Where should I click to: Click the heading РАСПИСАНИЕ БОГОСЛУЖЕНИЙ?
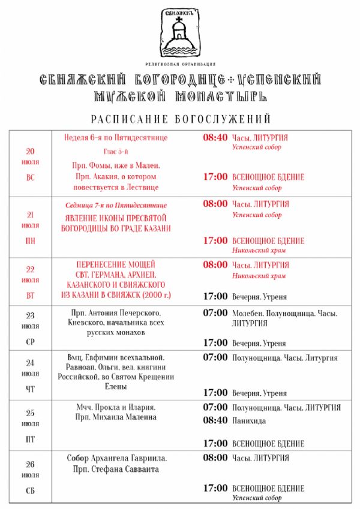point(181,119)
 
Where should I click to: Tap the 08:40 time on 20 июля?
point(215,137)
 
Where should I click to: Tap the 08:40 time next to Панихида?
point(215,421)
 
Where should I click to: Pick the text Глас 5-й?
point(116,151)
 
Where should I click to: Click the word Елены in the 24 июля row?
point(116,387)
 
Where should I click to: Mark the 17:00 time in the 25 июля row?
point(215,444)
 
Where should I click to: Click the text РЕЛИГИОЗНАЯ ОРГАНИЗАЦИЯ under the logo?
point(180,64)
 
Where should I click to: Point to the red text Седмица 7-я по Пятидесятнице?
point(116,205)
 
